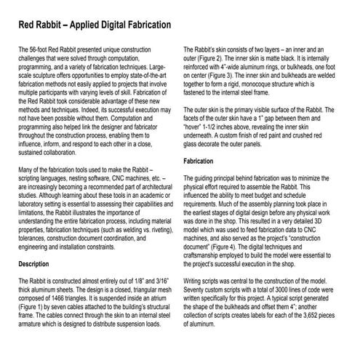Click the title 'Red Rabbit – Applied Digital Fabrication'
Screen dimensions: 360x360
pos(94,25)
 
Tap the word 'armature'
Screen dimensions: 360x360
pos(31,328)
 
